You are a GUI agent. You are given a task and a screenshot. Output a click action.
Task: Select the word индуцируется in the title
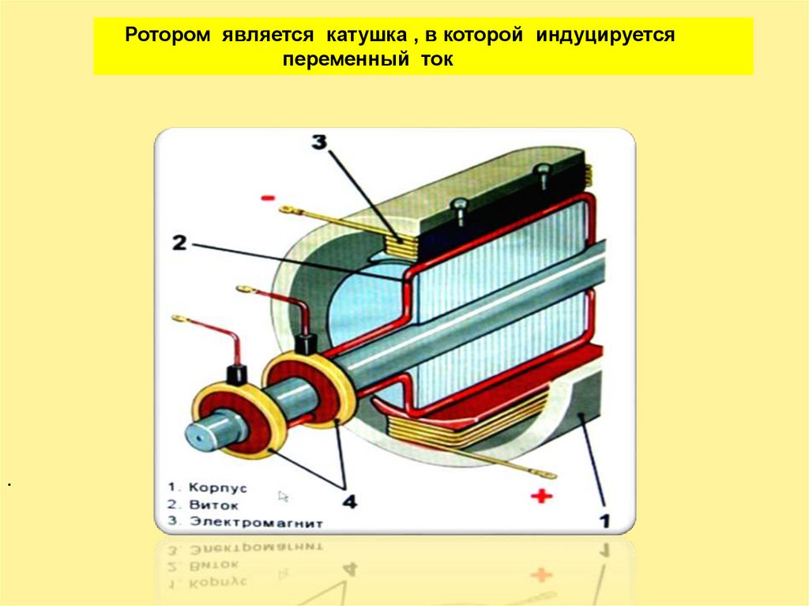(606, 36)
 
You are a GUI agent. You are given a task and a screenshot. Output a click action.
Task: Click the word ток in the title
(437, 60)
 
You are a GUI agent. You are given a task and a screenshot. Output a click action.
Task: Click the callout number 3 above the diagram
(318, 143)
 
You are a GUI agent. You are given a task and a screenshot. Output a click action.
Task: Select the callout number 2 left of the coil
(179, 243)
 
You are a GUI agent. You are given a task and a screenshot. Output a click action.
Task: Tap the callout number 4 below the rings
(348, 501)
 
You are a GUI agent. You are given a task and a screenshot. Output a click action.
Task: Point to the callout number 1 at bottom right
(604, 519)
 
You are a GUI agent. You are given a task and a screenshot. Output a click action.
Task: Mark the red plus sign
(540, 496)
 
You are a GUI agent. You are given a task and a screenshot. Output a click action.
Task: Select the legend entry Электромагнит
(246, 522)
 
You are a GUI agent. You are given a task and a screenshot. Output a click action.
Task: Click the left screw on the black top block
(458, 209)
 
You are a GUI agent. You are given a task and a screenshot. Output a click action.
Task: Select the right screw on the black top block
(542, 171)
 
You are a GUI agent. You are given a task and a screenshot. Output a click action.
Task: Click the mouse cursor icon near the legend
(284, 496)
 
